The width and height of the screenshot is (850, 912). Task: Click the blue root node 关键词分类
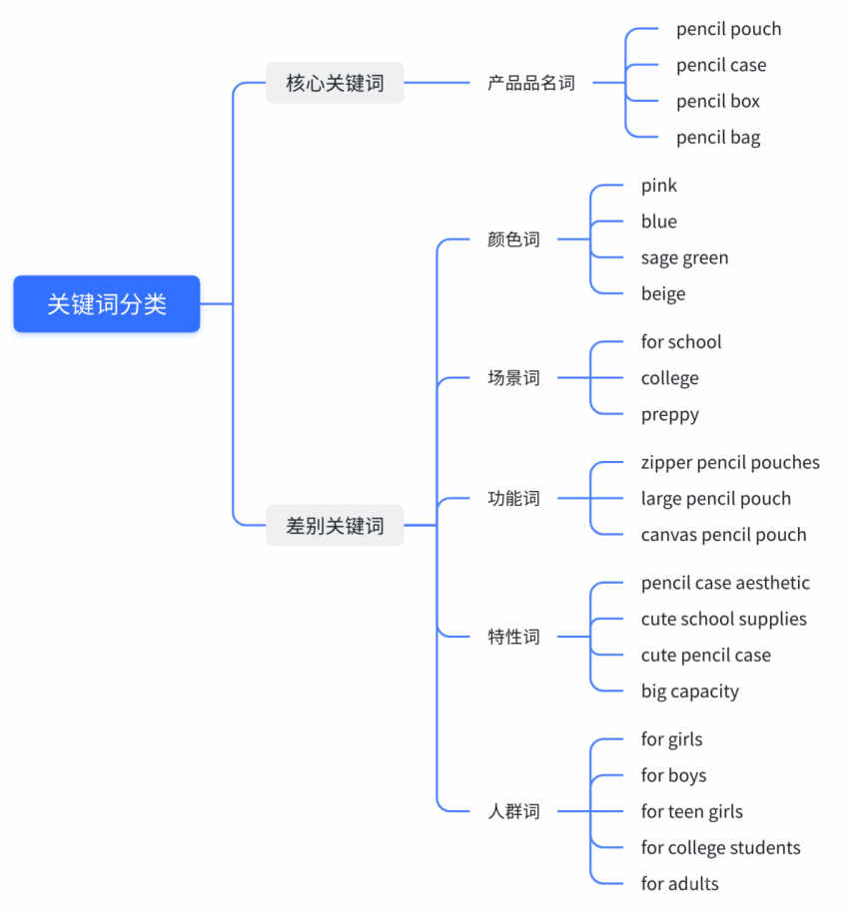[x=107, y=303]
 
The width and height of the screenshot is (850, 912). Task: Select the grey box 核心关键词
[x=335, y=83]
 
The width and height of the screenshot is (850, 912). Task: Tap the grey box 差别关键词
[x=335, y=525]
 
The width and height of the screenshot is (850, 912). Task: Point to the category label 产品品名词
[x=531, y=83]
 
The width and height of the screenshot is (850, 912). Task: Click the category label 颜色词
[x=513, y=239]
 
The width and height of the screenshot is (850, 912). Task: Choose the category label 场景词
[x=513, y=378]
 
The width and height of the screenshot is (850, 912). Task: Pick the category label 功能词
[x=513, y=499]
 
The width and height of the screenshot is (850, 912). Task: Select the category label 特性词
[x=513, y=637]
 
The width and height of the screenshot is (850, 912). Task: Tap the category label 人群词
[x=513, y=811]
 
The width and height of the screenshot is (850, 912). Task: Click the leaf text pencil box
[x=718, y=101]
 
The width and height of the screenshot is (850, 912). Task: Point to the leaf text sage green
[x=684, y=258]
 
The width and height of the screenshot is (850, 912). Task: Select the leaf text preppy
[x=669, y=415]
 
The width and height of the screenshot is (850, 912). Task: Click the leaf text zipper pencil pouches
[x=730, y=463]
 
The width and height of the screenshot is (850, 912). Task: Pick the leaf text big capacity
[x=690, y=691]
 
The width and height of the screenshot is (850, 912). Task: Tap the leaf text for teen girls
[x=691, y=812]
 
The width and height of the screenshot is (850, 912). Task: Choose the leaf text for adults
[x=679, y=883]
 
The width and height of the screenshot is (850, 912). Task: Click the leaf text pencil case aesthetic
[x=725, y=583]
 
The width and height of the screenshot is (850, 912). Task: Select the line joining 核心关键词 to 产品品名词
[x=436, y=83]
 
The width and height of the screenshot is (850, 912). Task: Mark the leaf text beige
[x=663, y=294]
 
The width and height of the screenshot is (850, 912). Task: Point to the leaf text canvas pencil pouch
[x=724, y=535]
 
